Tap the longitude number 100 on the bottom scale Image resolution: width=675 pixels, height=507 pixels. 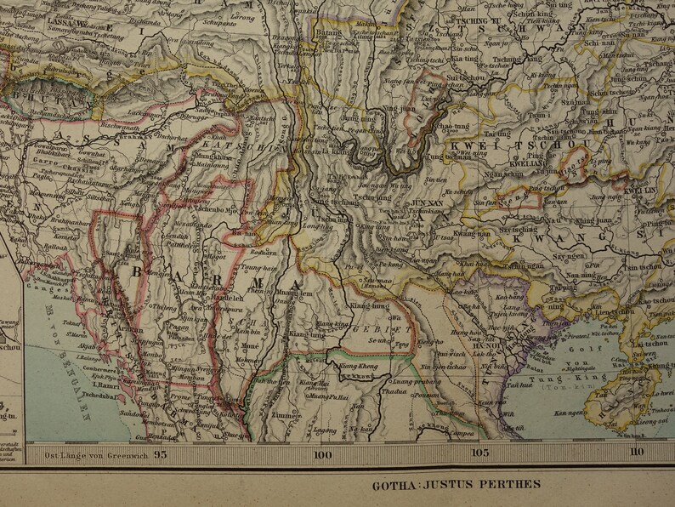click(x=321, y=453)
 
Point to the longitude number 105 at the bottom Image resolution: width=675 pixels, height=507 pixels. click(x=480, y=453)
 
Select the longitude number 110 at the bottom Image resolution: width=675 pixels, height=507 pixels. click(x=637, y=453)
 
